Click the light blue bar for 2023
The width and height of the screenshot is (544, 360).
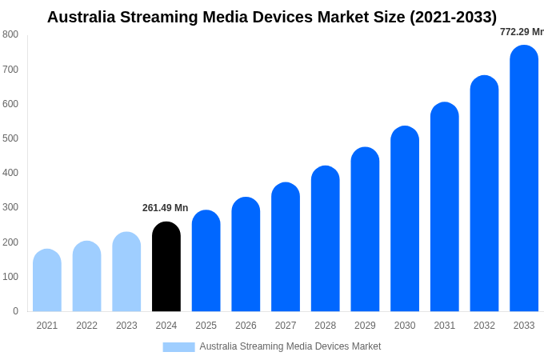pyautogui.click(x=126, y=271)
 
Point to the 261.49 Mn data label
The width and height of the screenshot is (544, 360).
pyautogui.click(x=165, y=208)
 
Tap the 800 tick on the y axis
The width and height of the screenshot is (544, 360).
pyautogui.click(x=10, y=34)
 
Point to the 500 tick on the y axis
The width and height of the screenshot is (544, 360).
pyautogui.click(x=10, y=138)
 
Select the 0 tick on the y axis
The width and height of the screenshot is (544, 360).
pyautogui.click(x=15, y=311)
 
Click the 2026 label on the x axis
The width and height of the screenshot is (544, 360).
pyautogui.click(x=246, y=326)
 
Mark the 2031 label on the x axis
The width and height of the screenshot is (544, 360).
pyautogui.click(x=444, y=326)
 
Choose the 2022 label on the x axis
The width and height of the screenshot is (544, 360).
pyautogui.click(x=86, y=326)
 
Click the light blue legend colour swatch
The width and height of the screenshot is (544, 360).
pyautogui.click(x=178, y=346)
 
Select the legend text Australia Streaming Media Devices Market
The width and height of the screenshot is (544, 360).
pyautogui.click(x=290, y=346)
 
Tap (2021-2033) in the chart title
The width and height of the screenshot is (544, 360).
pyautogui.click(x=453, y=17)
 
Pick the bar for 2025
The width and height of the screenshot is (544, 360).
pyautogui.click(x=206, y=261)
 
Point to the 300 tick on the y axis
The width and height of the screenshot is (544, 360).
pyautogui.click(x=10, y=207)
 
